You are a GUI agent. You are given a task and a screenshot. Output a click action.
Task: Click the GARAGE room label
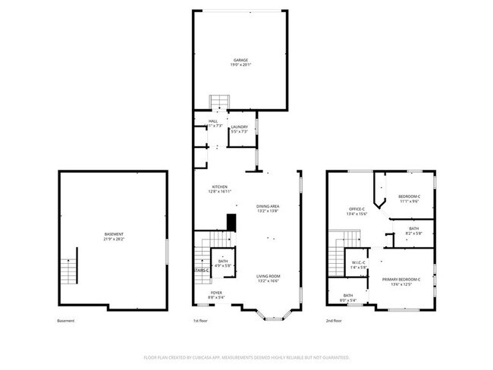(x=240, y=60)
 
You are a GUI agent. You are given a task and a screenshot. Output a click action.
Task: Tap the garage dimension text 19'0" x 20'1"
(x=240, y=65)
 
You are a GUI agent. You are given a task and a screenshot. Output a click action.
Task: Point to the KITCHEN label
(x=220, y=187)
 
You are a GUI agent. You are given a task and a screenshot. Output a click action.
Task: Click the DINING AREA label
(x=268, y=206)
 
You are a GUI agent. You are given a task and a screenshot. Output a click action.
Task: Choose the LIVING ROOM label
(x=268, y=276)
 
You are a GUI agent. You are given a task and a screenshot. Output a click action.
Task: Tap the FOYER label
(x=217, y=292)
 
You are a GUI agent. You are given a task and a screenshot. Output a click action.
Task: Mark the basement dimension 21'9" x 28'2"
(x=114, y=239)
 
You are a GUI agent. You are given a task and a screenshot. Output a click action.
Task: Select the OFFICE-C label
(x=357, y=209)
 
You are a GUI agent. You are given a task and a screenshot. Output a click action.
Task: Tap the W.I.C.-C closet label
(x=359, y=263)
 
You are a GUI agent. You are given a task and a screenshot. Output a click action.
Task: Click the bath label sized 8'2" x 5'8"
(x=413, y=229)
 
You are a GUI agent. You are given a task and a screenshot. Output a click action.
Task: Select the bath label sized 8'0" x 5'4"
(x=347, y=296)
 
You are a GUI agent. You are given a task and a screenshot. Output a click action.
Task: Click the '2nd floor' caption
(x=334, y=321)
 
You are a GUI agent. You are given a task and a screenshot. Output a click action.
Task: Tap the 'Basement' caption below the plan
(x=66, y=321)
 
